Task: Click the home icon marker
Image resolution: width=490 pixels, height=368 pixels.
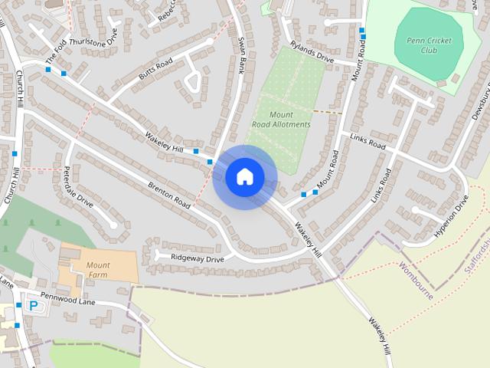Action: pyautogui.click(x=244, y=176)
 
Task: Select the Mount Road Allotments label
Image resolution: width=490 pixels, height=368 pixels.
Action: pyautogui.click(x=282, y=119)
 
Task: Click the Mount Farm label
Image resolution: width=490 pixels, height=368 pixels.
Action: pyautogui.click(x=98, y=270)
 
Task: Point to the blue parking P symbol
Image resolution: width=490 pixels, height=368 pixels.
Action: pyautogui.click(x=33, y=305)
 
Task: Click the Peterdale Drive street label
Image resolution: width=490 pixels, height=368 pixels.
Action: pyautogui.click(x=77, y=187)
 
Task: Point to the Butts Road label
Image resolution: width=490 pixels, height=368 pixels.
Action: pyautogui.click(x=155, y=67)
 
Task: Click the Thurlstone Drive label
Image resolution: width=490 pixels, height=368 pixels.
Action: pyautogui.click(x=94, y=39)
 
